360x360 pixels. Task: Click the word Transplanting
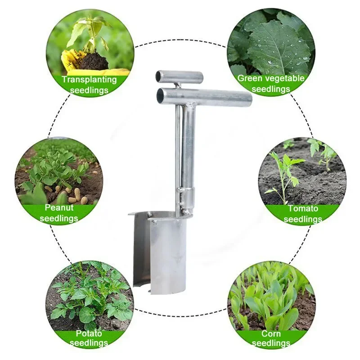(x=89, y=80)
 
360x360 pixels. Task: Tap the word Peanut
(x=59, y=207)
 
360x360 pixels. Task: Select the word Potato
(x=89, y=333)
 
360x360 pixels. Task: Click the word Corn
(x=271, y=333)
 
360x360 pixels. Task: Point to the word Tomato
(x=303, y=208)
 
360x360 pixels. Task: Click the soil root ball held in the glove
(x=93, y=61)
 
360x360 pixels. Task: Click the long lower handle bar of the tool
(x=204, y=97)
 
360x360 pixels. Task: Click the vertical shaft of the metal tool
(x=188, y=147)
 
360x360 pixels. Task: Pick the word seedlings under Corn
(x=271, y=343)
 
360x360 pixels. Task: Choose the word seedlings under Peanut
(x=59, y=218)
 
